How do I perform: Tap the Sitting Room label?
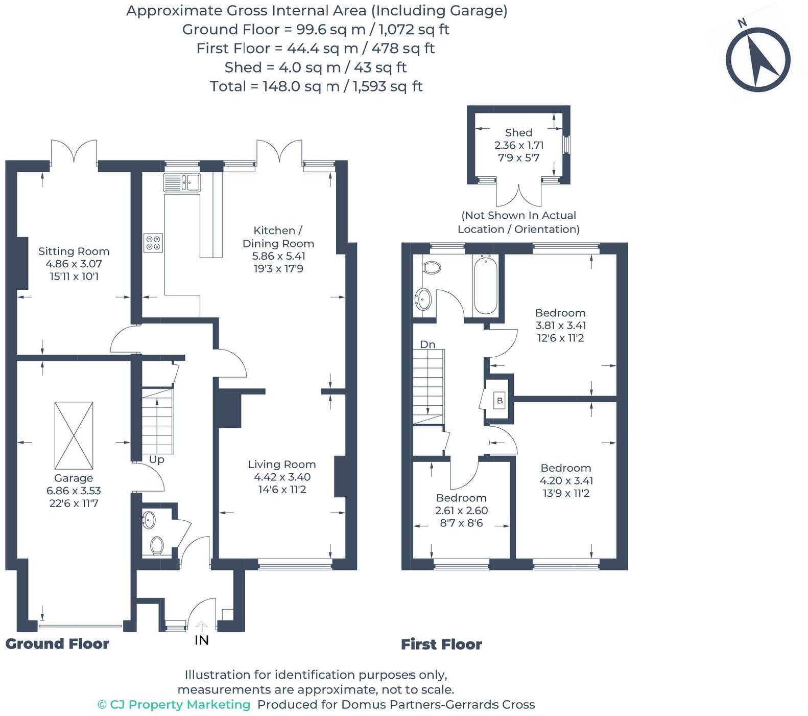click(74, 251)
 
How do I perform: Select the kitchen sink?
click(182, 182)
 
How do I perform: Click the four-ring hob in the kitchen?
click(153, 242)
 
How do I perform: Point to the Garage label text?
click(74, 478)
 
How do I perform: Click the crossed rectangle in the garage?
click(74, 435)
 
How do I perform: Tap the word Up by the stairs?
click(156, 459)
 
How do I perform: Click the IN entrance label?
click(202, 640)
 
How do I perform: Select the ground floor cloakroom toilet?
click(157, 545)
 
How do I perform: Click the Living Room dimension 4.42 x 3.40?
click(282, 477)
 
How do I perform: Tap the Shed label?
click(518, 133)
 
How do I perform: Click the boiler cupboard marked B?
click(500, 401)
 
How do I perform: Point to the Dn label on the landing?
click(427, 344)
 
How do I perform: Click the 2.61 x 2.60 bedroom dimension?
click(461, 511)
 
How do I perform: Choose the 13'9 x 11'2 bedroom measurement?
click(566, 493)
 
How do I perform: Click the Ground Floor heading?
click(57, 644)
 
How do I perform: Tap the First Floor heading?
click(441, 644)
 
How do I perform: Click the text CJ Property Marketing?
click(174, 705)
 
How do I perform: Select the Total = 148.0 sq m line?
click(316, 86)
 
